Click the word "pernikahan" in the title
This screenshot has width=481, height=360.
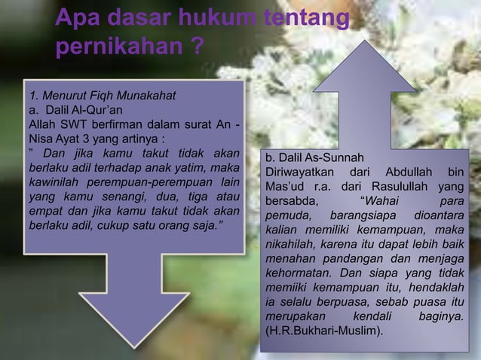pyautogui.click(x=112, y=48)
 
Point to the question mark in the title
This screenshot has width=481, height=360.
pyautogui.click(x=195, y=48)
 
